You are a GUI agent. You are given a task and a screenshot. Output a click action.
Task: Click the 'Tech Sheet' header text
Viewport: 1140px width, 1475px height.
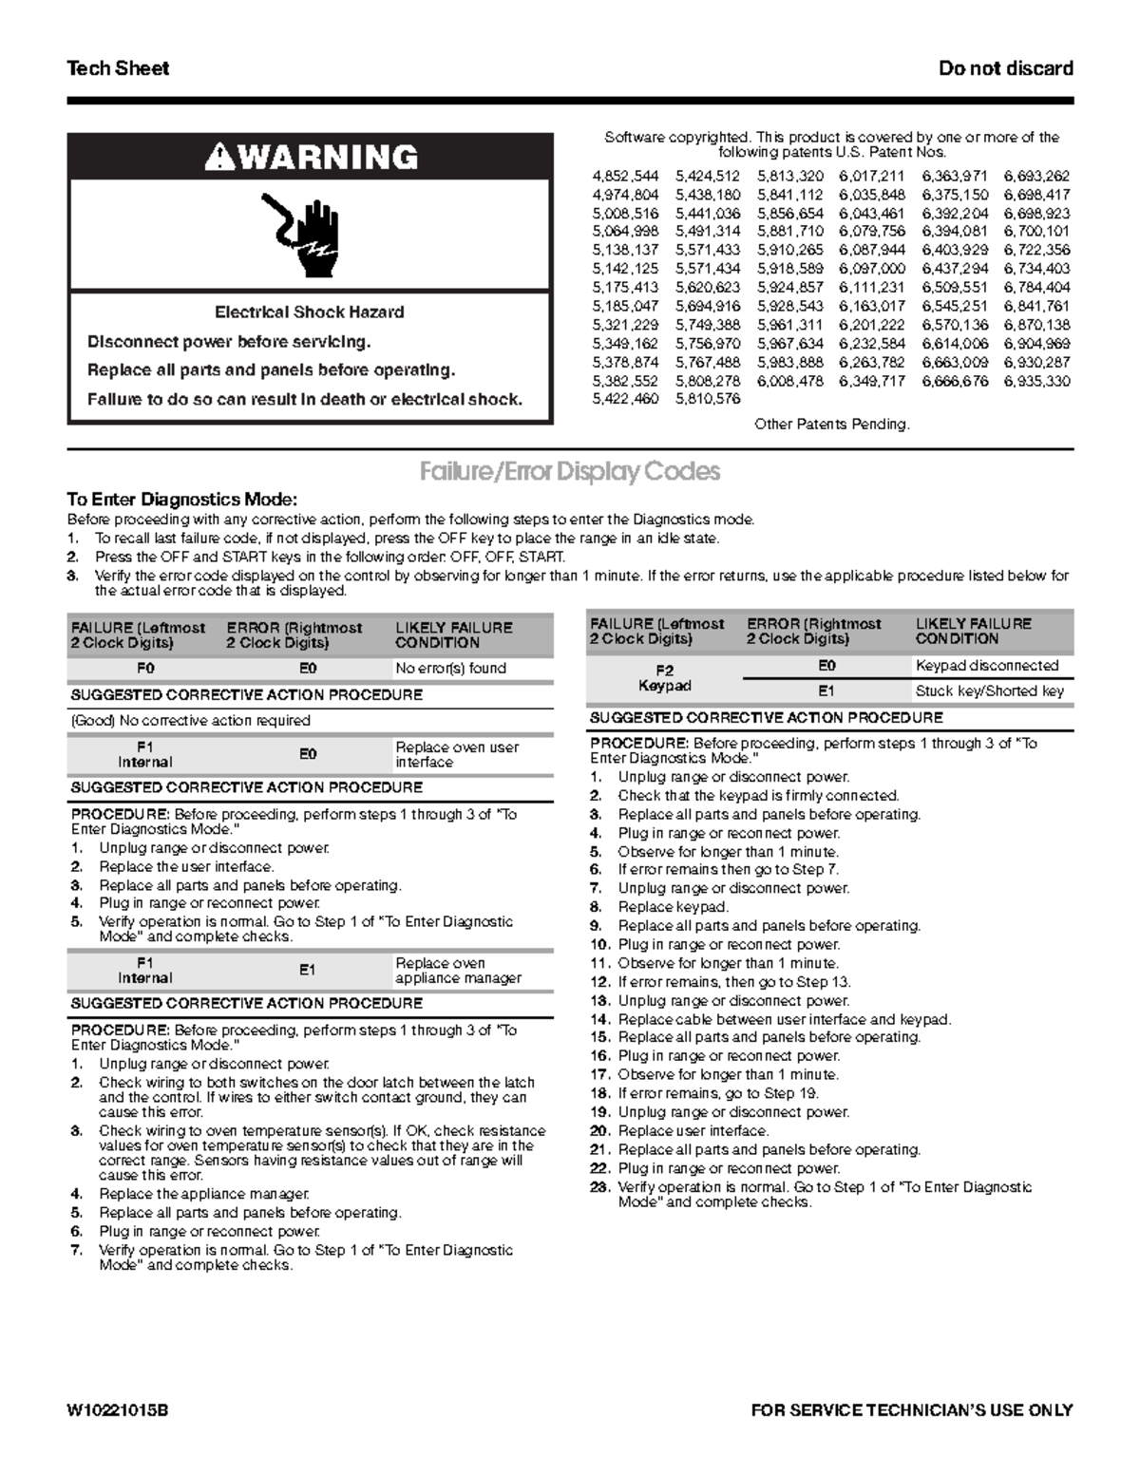coord(118,68)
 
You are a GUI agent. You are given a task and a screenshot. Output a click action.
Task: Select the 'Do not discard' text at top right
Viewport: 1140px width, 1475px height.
coord(1005,68)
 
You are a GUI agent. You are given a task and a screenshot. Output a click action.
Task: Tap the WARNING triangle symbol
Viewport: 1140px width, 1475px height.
coord(219,157)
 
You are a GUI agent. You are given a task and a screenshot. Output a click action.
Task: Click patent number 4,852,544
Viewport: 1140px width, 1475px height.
coord(625,177)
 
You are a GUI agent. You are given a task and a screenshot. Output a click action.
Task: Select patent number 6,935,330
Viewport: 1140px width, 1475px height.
coord(1036,381)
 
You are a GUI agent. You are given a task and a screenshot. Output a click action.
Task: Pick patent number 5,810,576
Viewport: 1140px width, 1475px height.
coord(708,399)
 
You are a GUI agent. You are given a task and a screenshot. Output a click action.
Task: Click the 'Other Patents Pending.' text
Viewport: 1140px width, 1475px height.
coord(831,425)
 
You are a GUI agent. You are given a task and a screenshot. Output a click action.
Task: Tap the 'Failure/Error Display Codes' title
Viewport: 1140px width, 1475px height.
coord(570,471)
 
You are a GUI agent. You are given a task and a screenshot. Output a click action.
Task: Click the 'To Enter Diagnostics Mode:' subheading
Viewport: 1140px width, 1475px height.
coord(182,500)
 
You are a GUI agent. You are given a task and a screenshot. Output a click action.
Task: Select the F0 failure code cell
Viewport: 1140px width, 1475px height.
coord(145,669)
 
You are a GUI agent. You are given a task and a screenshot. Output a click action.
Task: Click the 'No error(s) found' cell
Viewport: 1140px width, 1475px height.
coord(450,669)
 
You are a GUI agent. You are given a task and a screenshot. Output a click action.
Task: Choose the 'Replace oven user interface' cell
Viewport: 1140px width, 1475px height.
coord(457,754)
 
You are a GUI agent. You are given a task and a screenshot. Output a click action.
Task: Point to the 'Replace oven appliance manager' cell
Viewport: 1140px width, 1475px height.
coord(458,971)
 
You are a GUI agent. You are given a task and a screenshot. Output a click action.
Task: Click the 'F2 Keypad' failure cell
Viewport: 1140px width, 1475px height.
coord(664,678)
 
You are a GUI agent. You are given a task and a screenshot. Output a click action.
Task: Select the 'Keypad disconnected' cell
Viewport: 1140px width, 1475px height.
coord(986,666)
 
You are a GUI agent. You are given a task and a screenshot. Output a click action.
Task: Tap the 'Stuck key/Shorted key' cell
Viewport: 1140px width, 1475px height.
coord(989,691)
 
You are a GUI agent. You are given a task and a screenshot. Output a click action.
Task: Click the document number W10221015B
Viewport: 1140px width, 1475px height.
coord(118,1410)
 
